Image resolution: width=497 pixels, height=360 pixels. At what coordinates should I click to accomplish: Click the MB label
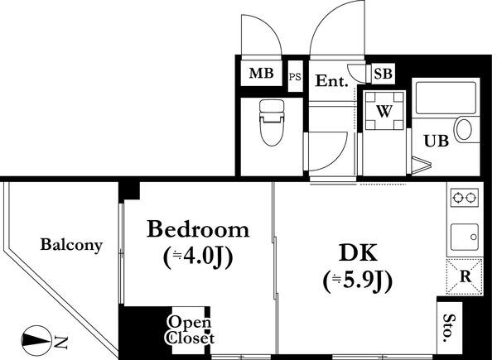click(261, 74)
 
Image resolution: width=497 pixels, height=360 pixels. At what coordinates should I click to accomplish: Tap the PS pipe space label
click(295, 77)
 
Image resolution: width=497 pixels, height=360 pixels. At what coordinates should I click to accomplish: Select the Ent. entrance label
click(332, 81)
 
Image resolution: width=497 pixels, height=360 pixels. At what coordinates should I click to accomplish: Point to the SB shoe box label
click(383, 74)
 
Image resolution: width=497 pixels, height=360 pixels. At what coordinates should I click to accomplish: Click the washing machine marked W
click(384, 110)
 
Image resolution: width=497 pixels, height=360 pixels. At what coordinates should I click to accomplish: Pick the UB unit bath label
click(437, 142)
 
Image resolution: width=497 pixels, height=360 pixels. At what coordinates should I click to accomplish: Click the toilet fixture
click(272, 122)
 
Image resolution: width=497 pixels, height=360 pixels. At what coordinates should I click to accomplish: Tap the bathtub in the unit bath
click(446, 98)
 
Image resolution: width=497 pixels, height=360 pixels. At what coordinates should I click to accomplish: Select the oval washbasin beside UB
click(464, 129)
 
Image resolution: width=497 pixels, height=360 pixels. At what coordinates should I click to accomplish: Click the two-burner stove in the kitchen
click(465, 198)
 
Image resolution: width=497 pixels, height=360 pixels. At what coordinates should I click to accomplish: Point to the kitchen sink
click(465, 238)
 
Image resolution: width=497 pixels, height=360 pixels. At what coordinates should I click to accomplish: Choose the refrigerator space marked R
click(465, 276)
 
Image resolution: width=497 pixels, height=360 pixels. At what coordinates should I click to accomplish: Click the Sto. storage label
click(447, 328)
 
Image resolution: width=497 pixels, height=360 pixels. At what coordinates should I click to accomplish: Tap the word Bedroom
click(198, 229)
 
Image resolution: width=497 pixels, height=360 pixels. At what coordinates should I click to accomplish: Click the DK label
click(358, 252)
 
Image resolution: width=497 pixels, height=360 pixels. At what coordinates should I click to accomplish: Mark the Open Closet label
click(191, 330)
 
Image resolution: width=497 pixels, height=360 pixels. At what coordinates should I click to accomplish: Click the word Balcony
click(71, 245)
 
